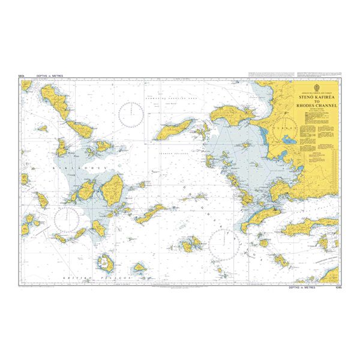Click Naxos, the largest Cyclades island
tap(112, 191)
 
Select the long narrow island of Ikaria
tap(174, 128)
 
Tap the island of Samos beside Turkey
tap(230, 112)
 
